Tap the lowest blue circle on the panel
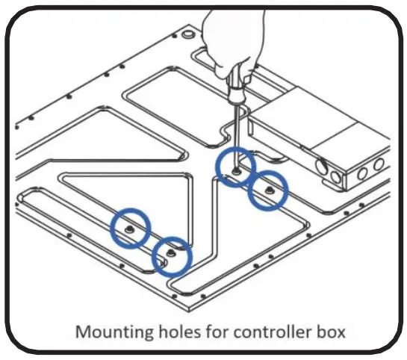pos(171,257)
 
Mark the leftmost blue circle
pos(131,227)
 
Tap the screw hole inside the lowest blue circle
pos(171,255)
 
